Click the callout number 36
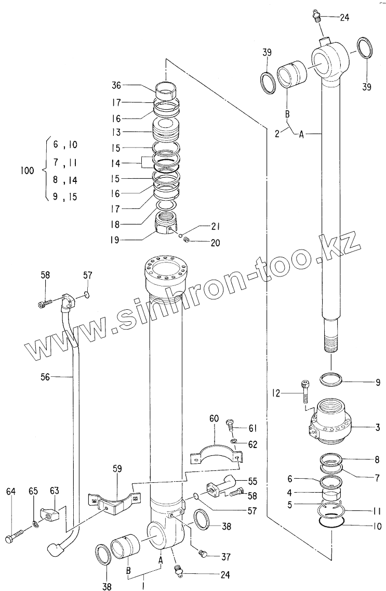pyautogui.click(x=116, y=86)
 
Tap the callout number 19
pyautogui.click(x=116, y=240)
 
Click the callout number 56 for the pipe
pyautogui.click(x=45, y=377)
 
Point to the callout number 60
pyautogui.click(x=214, y=418)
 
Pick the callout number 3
pyautogui.click(x=378, y=428)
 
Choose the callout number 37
pyautogui.click(x=225, y=557)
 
